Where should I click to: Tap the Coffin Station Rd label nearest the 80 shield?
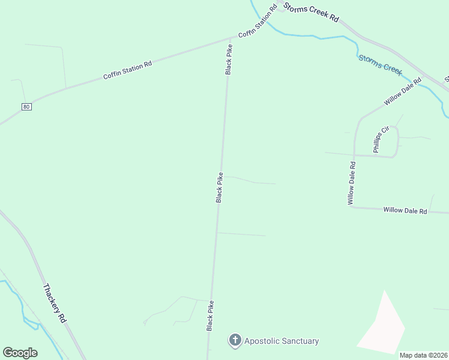pyautogui.click(x=127, y=70)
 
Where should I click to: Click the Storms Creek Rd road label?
pyautogui.click(x=312, y=12)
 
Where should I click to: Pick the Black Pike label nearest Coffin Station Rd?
pyautogui.click(x=229, y=59)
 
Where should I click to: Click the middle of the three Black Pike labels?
pyautogui.click(x=220, y=187)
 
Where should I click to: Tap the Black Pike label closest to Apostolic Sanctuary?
pyautogui.click(x=210, y=316)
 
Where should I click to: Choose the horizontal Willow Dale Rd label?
pyautogui.click(x=405, y=211)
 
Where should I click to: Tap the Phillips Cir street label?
pyautogui.click(x=382, y=139)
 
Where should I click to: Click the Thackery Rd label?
pyautogui.click(x=54, y=304)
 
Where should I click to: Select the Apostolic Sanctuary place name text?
pyautogui.click(x=282, y=341)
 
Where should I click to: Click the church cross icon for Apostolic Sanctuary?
pyautogui.click(x=235, y=341)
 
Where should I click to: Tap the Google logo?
pyautogui.click(x=20, y=353)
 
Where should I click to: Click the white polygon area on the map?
pyautogui.click(x=382, y=327)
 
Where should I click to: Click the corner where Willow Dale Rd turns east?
pyautogui.click(x=352, y=208)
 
